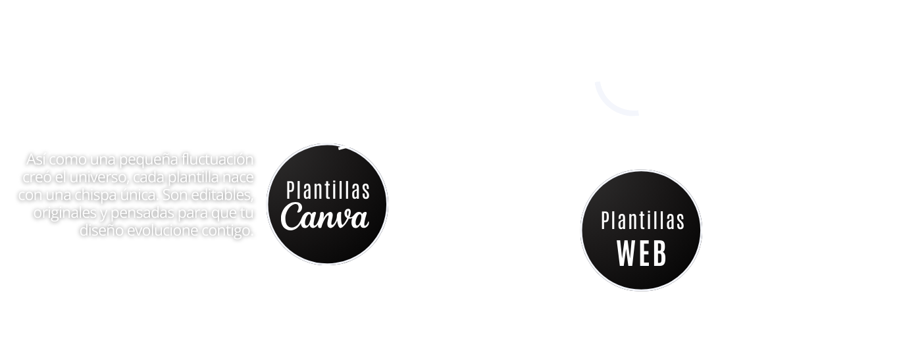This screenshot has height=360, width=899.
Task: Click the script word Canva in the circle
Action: pyautogui.click(x=324, y=218)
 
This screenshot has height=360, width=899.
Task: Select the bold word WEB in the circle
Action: pyautogui.click(x=642, y=253)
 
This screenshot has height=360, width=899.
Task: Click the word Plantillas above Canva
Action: pyautogui.click(x=328, y=191)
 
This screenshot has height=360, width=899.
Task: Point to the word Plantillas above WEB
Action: pyautogui.click(x=642, y=221)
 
